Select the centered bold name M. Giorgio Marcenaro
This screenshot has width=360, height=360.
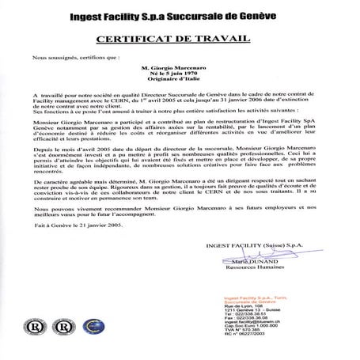pos(179,69)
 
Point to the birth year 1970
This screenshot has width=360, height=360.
pos(194,76)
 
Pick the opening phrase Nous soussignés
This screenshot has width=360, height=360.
pos(53,57)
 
